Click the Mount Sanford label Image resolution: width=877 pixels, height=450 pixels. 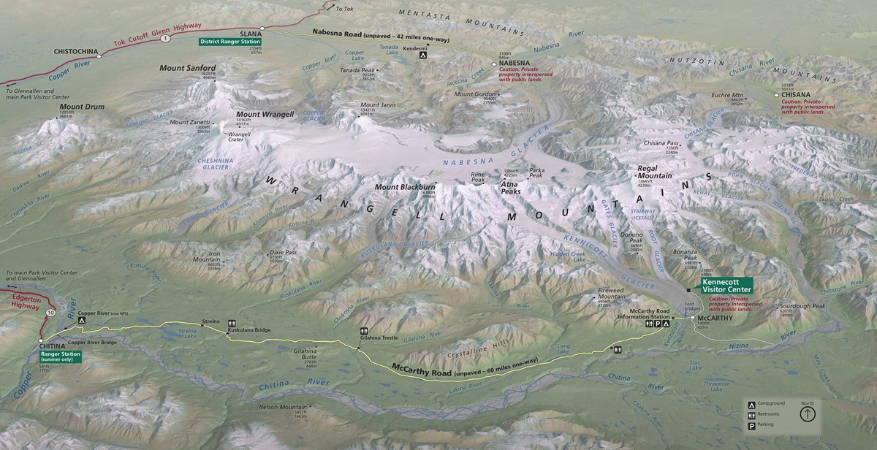188,68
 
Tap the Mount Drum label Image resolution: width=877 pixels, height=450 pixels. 82,107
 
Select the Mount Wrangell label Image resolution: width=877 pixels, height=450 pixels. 265,115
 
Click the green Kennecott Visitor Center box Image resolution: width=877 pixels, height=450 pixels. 726,285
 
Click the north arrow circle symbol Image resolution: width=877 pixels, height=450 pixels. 808,414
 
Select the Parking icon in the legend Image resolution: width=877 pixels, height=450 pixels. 751,426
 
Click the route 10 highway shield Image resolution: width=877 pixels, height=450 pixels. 50,313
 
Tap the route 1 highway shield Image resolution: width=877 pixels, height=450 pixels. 166,37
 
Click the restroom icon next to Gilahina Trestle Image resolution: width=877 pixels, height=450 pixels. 364,332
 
